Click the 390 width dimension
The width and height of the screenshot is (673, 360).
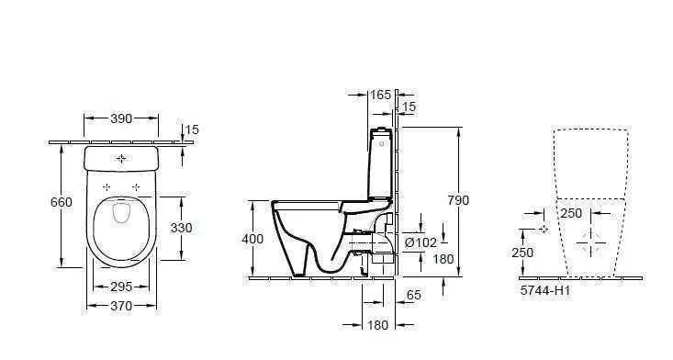coord(121,118)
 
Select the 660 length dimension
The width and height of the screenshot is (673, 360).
coord(61,202)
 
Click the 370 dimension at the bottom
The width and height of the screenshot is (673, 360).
coord(120,306)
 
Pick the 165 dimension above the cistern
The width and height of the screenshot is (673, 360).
coord(379,94)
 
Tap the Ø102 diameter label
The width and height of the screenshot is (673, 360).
coord(421,242)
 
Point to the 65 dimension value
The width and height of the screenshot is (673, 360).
coord(414,295)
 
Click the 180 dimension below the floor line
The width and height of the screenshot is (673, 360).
coord(378,325)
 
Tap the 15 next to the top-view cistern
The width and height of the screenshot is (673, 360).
coord(191,129)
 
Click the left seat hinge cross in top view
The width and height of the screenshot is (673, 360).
coord(107,186)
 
